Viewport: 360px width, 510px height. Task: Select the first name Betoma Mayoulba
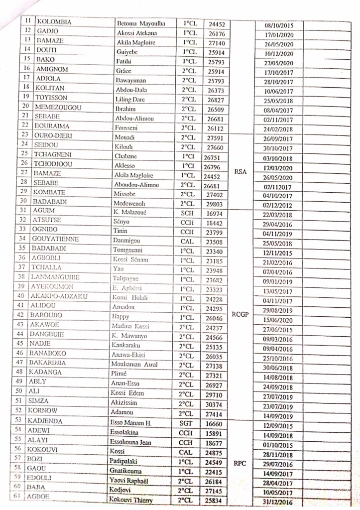(141, 23)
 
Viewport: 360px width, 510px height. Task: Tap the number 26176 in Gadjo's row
(217, 33)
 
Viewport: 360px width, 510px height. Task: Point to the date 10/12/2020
(279, 53)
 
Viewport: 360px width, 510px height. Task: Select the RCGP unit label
(240, 314)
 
